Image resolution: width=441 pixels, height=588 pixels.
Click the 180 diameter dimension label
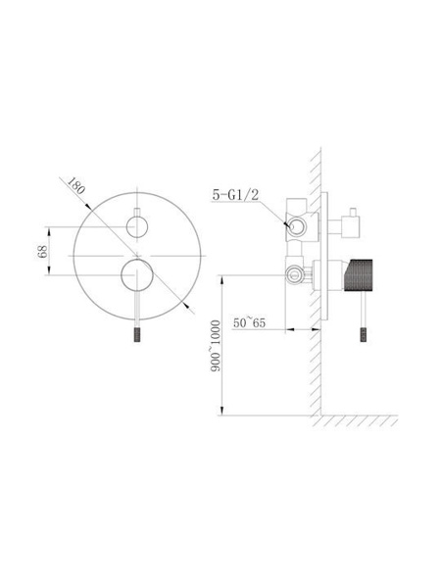pyautogui.click(x=75, y=185)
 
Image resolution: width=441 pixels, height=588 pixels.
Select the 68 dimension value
pyautogui.click(x=42, y=251)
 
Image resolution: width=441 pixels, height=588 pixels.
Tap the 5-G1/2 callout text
pyautogui.click(x=235, y=195)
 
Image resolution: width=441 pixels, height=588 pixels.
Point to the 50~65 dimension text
pyautogui.click(x=249, y=322)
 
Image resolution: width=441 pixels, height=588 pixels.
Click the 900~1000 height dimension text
pyautogui.click(x=216, y=346)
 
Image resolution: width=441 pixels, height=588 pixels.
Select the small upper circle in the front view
pyautogui.click(x=137, y=227)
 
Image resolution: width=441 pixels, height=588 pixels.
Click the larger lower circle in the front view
pyautogui.click(x=137, y=274)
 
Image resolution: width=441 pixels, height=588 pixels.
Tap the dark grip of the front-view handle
pyautogui.click(x=137, y=335)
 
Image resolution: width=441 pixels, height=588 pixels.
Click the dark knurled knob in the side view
pyautogui.click(x=358, y=274)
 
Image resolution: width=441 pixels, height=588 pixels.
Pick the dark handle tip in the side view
pyautogui.click(x=364, y=334)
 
